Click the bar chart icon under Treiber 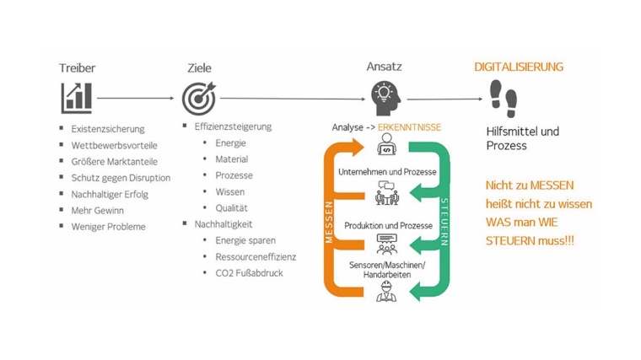[76, 98]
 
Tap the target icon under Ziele [199, 98]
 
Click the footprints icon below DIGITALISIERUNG [504, 98]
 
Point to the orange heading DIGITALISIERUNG [518, 67]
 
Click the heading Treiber [77, 67]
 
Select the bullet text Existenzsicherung [107, 129]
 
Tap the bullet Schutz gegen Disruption [121, 178]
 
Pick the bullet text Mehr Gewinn [96, 210]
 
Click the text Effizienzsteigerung [233, 126]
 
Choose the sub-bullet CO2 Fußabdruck [249, 273]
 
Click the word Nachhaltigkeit [224, 223]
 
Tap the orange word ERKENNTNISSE [409, 127]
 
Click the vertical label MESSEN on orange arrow [330, 222]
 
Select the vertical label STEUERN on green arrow [444, 222]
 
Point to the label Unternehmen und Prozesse [386, 172]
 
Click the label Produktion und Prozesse [388, 226]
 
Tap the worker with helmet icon [386, 292]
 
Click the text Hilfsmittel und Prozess [523, 138]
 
